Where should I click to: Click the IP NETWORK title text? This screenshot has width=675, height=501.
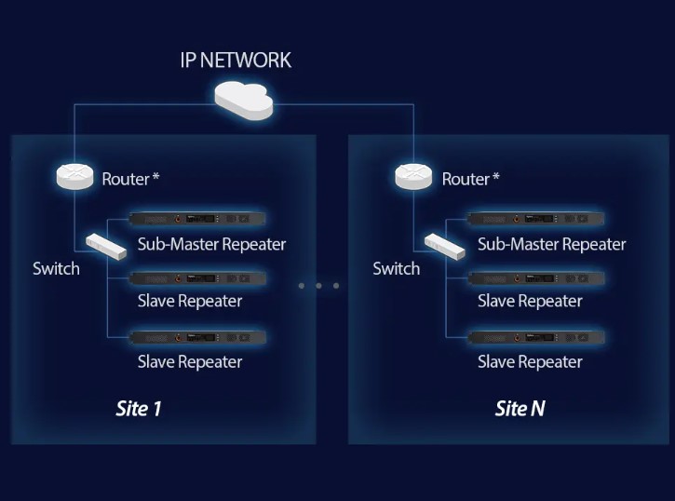(235, 61)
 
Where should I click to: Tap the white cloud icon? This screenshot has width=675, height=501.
(244, 99)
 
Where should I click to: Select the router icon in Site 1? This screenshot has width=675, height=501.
(74, 175)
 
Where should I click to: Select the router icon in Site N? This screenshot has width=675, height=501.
(414, 175)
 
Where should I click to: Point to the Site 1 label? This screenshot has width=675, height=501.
(139, 408)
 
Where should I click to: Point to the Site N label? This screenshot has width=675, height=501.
(520, 408)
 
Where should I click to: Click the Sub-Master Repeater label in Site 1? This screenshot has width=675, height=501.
(211, 245)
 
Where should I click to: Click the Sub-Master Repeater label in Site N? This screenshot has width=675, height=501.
(551, 245)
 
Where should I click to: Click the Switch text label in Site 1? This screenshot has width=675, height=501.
(56, 269)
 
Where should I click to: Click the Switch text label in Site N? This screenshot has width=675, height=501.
(397, 269)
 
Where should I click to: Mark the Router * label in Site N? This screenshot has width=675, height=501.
(470, 179)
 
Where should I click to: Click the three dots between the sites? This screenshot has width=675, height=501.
(318, 286)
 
